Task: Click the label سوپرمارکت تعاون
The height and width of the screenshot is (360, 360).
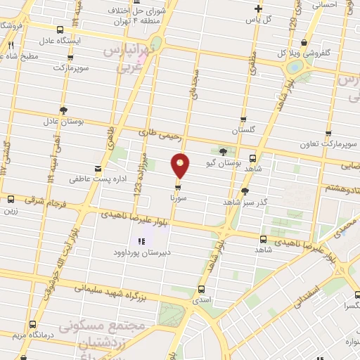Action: click(x=333, y=143)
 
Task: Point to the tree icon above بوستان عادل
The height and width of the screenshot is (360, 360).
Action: click(x=64, y=110)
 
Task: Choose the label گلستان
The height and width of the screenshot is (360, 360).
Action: click(x=243, y=130)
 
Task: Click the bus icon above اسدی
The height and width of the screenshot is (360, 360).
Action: click(x=202, y=288)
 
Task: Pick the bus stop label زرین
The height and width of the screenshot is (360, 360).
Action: click(x=10, y=210)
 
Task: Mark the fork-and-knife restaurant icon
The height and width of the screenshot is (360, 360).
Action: click(x=11, y=45)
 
